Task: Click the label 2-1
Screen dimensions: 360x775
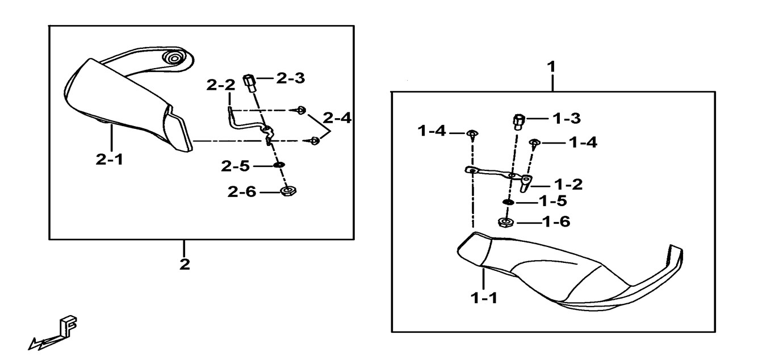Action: pyautogui.click(x=109, y=160)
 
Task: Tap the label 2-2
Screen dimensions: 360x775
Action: pyautogui.click(x=221, y=86)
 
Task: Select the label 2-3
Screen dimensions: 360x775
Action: pyautogui.click(x=291, y=78)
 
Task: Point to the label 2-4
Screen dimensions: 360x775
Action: pyautogui.click(x=337, y=118)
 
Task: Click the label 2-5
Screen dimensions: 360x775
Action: pyautogui.click(x=236, y=166)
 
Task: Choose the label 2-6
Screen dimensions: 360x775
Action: pyautogui.click(x=242, y=192)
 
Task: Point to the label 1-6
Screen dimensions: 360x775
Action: pyautogui.click(x=556, y=222)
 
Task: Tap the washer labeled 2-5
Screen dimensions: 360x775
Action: pyautogui.click(x=278, y=165)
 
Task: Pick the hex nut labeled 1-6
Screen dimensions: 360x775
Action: pyautogui.click(x=505, y=222)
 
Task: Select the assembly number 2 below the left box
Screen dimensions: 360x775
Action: pyautogui.click(x=184, y=265)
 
